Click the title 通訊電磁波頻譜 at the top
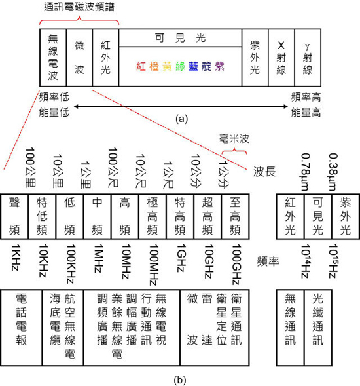click(79, 7)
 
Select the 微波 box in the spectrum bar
click(79, 58)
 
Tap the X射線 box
click(281, 58)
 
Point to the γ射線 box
click(308, 58)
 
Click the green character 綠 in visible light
click(180, 66)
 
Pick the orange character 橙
click(154, 66)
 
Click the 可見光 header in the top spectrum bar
click(180, 38)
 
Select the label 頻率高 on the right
click(306, 97)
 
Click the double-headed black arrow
click(181, 107)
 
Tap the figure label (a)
click(182, 119)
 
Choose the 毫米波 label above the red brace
click(234, 139)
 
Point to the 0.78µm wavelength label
click(305, 172)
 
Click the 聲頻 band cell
click(14, 216)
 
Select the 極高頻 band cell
click(153, 216)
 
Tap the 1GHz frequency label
click(181, 258)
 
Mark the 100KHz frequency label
click(71, 263)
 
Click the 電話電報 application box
click(22, 328)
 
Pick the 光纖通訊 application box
click(318, 328)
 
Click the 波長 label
click(264, 172)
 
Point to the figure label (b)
click(180, 380)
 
